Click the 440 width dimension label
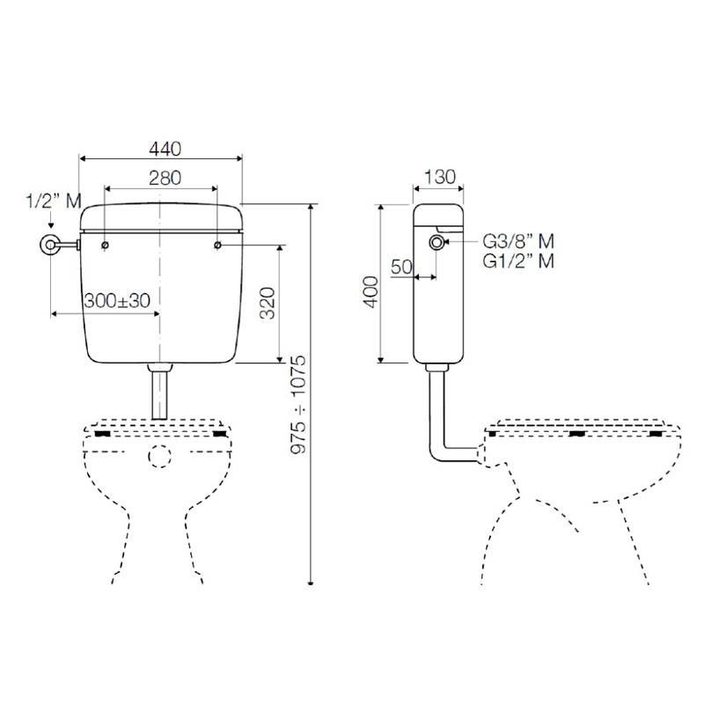165,149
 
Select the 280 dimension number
165,178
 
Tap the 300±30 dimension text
117,300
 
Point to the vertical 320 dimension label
268,303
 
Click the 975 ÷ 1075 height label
298,405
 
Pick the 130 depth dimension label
439,177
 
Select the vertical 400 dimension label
370,292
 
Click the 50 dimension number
401,267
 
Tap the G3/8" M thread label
518,241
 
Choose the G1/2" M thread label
518,260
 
